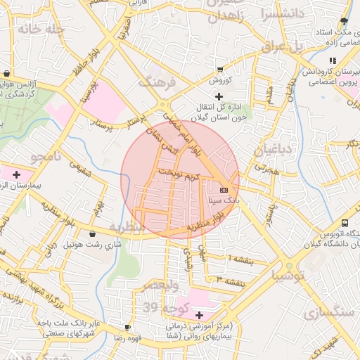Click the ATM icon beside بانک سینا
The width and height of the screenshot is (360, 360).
coord(224,190)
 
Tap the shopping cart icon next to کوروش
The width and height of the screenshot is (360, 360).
coord(220,70)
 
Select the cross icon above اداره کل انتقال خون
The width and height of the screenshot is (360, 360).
coord(219,96)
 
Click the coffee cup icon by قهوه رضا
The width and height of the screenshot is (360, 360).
coord(127,327)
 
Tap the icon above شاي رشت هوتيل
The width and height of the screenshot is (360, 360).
coord(93,234)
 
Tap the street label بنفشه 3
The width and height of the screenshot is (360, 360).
coord(231,282)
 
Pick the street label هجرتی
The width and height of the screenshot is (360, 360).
coord(266,169)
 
